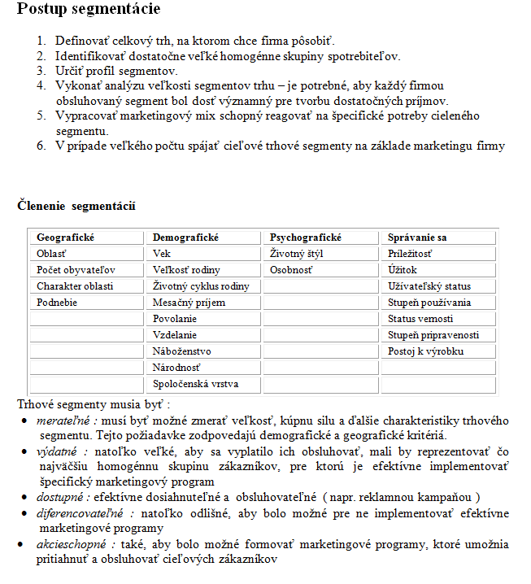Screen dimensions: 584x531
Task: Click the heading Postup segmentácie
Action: click(x=89, y=11)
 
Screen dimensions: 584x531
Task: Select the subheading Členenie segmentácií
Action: click(x=76, y=206)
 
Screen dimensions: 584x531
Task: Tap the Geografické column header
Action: click(x=66, y=238)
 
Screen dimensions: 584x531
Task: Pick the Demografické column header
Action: click(x=186, y=238)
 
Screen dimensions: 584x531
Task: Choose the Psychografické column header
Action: click(x=306, y=238)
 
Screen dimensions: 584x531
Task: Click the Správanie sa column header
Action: click(x=418, y=238)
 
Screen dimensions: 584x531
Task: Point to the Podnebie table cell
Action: click(x=58, y=303)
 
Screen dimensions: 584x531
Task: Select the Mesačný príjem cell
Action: click(x=189, y=303)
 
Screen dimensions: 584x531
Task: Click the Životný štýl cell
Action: click(x=297, y=254)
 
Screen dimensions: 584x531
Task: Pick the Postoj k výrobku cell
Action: click(x=426, y=351)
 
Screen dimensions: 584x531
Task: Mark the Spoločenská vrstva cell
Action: click(x=196, y=384)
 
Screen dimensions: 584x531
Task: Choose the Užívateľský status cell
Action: click(x=429, y=286)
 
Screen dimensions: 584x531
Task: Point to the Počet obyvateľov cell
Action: click(x=76, y=270)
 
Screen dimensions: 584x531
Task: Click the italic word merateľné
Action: click(x=63, y=421)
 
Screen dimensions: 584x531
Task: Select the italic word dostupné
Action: click(x=62, y=496)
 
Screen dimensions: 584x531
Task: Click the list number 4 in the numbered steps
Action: click(x=41, y=85)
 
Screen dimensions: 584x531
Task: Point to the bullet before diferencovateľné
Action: click(x=24, y=514)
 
